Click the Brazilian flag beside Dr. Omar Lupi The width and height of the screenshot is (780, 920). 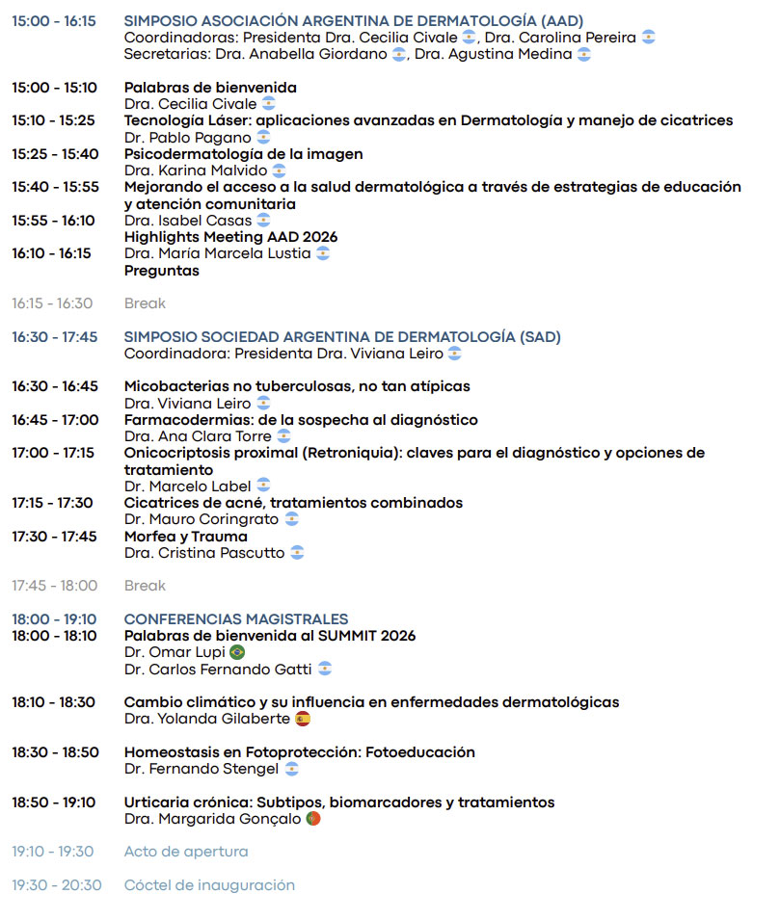point(237,652)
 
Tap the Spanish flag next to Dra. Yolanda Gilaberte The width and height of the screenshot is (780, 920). point(303,719)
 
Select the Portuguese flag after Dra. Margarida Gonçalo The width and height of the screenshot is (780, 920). point(312,819)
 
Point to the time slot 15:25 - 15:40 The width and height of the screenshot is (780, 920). point(55,154)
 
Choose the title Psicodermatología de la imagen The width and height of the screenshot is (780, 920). point(244,154)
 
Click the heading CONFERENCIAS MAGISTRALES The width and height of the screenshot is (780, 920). point(236,619)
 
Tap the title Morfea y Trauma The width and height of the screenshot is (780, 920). point(186,537)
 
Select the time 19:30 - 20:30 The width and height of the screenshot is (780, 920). point(57,885)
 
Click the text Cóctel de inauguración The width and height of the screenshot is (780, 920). point(209,885)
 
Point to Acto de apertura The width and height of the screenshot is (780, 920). point(186,852)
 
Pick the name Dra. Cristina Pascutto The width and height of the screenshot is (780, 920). point(204,553)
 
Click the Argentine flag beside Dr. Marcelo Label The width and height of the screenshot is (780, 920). point(263,486)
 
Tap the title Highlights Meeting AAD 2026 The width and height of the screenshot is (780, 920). point(231,237)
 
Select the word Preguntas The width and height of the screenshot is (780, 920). point(162,271)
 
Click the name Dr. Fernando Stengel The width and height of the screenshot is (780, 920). point(202,769)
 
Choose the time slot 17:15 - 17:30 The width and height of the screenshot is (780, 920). point(53,503)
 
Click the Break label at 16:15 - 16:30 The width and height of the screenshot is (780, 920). point(145,303)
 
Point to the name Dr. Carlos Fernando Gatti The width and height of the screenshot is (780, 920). point(218,669)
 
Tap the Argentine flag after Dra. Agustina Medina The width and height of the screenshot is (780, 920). point(583,55)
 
